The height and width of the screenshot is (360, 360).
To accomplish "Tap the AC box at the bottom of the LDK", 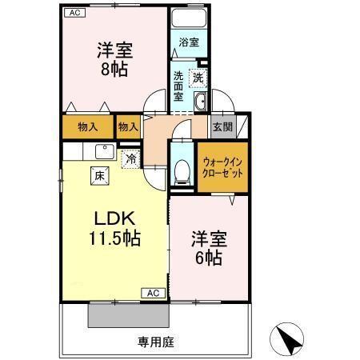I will pos(153,294).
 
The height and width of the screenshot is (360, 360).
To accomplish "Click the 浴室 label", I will pos(188,42).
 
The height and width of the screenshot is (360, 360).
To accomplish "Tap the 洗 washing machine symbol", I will pos(198,78).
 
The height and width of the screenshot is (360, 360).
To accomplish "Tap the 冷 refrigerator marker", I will pos(130,158).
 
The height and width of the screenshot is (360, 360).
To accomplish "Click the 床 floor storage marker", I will pos(98,175).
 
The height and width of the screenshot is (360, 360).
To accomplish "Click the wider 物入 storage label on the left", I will pos(89,126).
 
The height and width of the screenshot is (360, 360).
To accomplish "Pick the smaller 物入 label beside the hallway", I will pos(128,126).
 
